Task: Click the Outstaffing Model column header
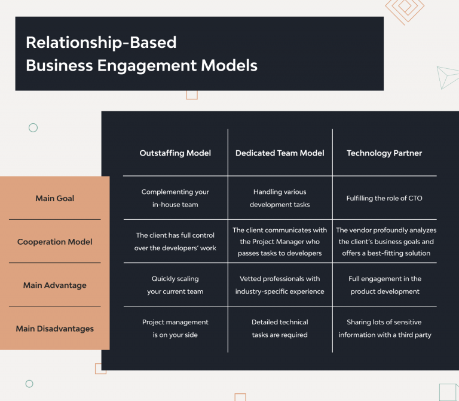click(175, 153)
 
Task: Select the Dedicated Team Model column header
click(280, 153)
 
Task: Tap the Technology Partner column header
click(384, 153)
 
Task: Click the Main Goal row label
click(54, 198)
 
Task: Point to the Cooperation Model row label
click(54, 242)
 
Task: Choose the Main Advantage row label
click(54, 285)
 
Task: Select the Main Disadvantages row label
click(54, 328)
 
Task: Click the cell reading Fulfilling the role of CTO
click(384, 198)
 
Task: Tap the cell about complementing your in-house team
click(175, 198)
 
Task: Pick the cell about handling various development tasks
click(280, 198)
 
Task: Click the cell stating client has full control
click(175, 242)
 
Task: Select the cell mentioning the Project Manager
click(280, 242)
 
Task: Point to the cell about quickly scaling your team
click(175, 285)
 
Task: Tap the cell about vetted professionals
click(280, 285)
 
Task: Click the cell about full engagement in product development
click(384, 285)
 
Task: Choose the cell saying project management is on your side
click(175, 328)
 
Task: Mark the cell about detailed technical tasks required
click(280, 328)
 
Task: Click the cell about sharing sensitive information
click(384, 328)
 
